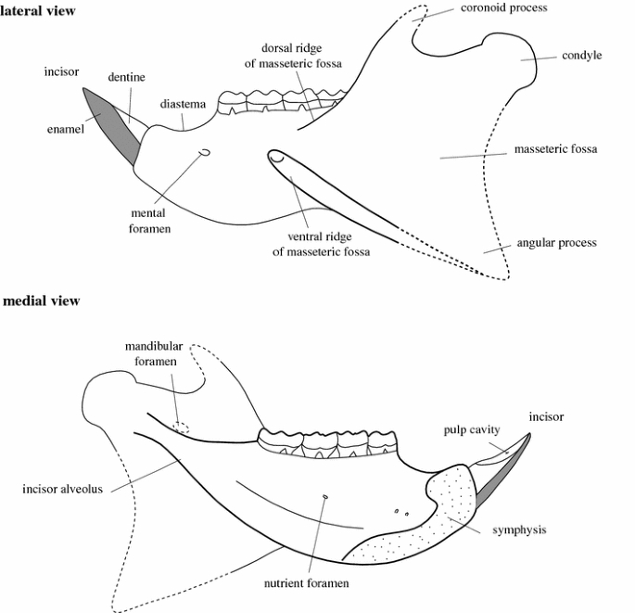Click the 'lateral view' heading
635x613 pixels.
tap(38, 10)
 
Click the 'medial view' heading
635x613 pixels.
tap(41, 300)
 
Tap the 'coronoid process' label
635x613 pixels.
tap(503, 8)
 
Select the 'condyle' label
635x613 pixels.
tap(581, 56)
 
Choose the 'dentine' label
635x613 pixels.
tap(124, 78)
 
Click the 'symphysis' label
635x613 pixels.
tap(520, 530)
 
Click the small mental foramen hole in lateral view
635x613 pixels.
tap(205, 153)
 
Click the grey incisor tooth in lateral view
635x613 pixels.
tap(114, 123)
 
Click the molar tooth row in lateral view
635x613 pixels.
tap(278, 101)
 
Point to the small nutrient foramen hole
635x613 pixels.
tap(324, 497)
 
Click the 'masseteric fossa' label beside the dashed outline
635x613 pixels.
tap(556, 149)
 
